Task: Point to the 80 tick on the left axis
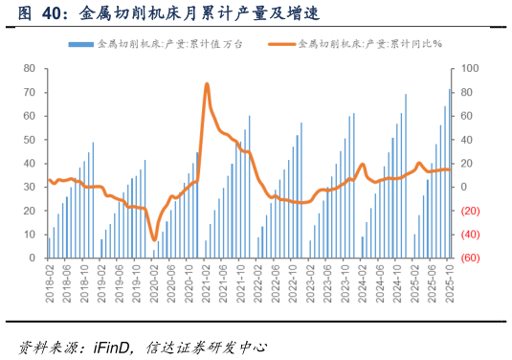coord(29,69)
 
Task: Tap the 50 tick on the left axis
coord(29,140)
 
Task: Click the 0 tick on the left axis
coord(32,258)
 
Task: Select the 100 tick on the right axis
coord(470,69)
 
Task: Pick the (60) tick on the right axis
coord(471,258)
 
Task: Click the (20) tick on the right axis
coord(471,211)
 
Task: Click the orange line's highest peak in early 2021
coord(208,84)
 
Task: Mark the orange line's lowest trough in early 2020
coord(154,240)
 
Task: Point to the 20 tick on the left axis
coord(29,211)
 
